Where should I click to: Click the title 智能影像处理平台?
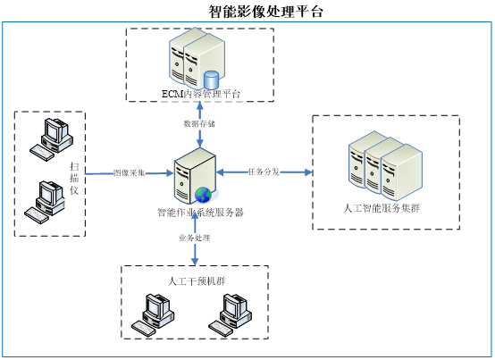click(x=265, y=12)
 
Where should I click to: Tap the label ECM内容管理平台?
click(x=201, y=94)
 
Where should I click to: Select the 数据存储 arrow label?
click(x=199, y=123)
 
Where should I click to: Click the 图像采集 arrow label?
click(x=130, y=172)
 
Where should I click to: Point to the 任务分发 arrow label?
click(x=264, y=172)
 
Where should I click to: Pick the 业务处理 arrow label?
click(x=195, y=238)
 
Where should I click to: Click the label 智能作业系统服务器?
click(x=200, y=213)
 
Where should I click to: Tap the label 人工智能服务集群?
click(x=382, y=208)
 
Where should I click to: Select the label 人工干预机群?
click(x=197, y=281)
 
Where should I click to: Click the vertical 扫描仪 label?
click(x=74, y=179)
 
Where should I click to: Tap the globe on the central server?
click(x=203, y=195)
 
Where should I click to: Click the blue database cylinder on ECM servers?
click(x=211, y=80)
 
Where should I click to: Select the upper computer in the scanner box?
click(x=52, y=139)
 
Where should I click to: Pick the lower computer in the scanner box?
click(x=45, y=202)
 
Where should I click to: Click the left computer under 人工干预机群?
click(x=153, y=315)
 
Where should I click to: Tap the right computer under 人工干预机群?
click(x=230, y=315)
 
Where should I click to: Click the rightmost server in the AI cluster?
click(x=401, y=172)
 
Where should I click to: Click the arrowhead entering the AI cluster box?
click(x=308, y=172)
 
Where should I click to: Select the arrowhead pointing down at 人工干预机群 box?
click(x=195, y=261)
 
